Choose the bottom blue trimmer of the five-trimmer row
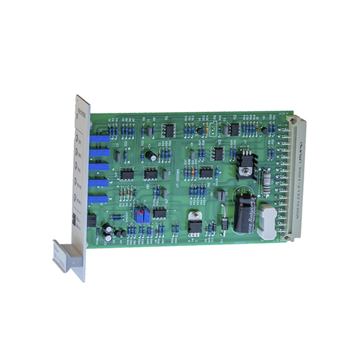click(x=100, y=197)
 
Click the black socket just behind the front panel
click(x=91, y=220)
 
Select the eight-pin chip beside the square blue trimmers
click(x=160, y=212)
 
